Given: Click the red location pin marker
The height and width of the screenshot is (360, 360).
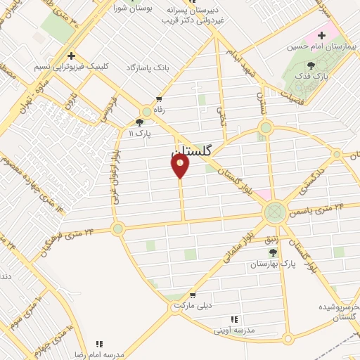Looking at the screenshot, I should tap(180, 165).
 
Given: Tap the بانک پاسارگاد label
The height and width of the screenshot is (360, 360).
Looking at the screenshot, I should tap(149, 67).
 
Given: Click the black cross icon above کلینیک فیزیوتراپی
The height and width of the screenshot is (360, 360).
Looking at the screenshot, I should tap(70, 56).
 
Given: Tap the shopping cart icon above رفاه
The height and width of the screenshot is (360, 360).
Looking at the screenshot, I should tap(160, 99).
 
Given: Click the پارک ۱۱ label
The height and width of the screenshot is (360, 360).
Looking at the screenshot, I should tap(141, 131).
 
